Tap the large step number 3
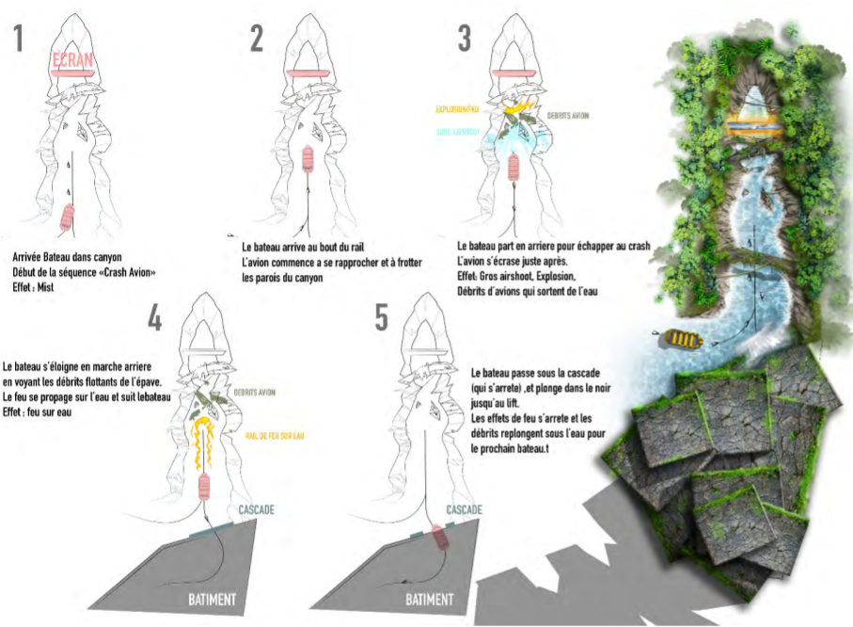click(x=464, y=39)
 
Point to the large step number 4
click(x=155, y=317)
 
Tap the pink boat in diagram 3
click(x=514, y=166)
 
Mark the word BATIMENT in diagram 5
click(x=429, y=599)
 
